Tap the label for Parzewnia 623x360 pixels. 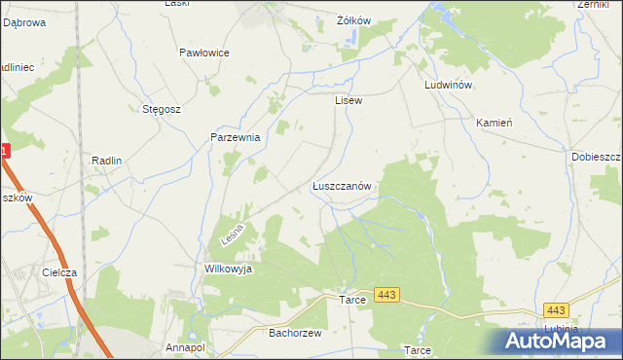click(236, 138)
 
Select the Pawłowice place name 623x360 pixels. click(204, 53)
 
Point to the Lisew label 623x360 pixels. click(348, 100)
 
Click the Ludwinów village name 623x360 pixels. click(449, 85)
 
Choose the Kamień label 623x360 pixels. click(494, 124)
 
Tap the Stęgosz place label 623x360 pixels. click(162, 109)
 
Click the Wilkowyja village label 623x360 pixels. click(229, 269)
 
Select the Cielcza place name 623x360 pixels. click(59, 273)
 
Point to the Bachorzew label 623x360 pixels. click(288, 332)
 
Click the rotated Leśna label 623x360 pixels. click(231, 234)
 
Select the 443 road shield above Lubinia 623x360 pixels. click(555, 309)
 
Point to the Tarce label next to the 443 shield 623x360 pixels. click(352, 299)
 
